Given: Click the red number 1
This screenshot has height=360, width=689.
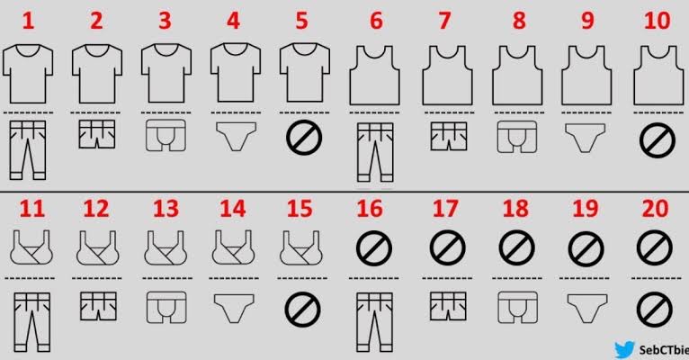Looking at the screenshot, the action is point(28,21).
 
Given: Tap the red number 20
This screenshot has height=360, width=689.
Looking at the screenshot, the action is point(655,209).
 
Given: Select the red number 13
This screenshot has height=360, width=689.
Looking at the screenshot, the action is point(166,209).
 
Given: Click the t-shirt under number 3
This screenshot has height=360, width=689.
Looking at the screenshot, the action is point(166,73).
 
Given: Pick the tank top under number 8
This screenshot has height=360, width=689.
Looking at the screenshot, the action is point(516,76).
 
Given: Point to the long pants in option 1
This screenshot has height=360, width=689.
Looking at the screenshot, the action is point(28,150).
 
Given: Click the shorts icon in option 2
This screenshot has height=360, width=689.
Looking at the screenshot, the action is point(97,134).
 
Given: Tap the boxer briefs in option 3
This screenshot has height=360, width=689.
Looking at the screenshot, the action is point(166,135).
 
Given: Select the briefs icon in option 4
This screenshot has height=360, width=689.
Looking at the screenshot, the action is point(236,136).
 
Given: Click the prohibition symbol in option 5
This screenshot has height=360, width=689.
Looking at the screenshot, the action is point(304,138).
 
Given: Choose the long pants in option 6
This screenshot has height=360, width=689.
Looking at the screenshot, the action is point(375,152).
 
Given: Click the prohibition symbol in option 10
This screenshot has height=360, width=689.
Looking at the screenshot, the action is point(658,140).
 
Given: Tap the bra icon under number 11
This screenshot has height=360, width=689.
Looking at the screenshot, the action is point(31,247).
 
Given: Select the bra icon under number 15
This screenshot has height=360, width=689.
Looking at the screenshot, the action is point(301,247).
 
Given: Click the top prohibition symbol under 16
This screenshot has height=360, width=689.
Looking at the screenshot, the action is point(374,248).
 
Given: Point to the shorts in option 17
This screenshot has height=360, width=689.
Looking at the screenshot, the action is point(448,306).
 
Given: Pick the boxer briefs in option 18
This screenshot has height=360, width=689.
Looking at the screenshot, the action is point(517,307).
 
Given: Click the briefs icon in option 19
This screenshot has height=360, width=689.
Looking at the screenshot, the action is point(587,308).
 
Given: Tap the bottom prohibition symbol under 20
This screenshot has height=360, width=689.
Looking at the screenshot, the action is point(655,310).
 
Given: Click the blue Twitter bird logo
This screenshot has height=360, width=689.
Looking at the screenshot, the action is point(625,349).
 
